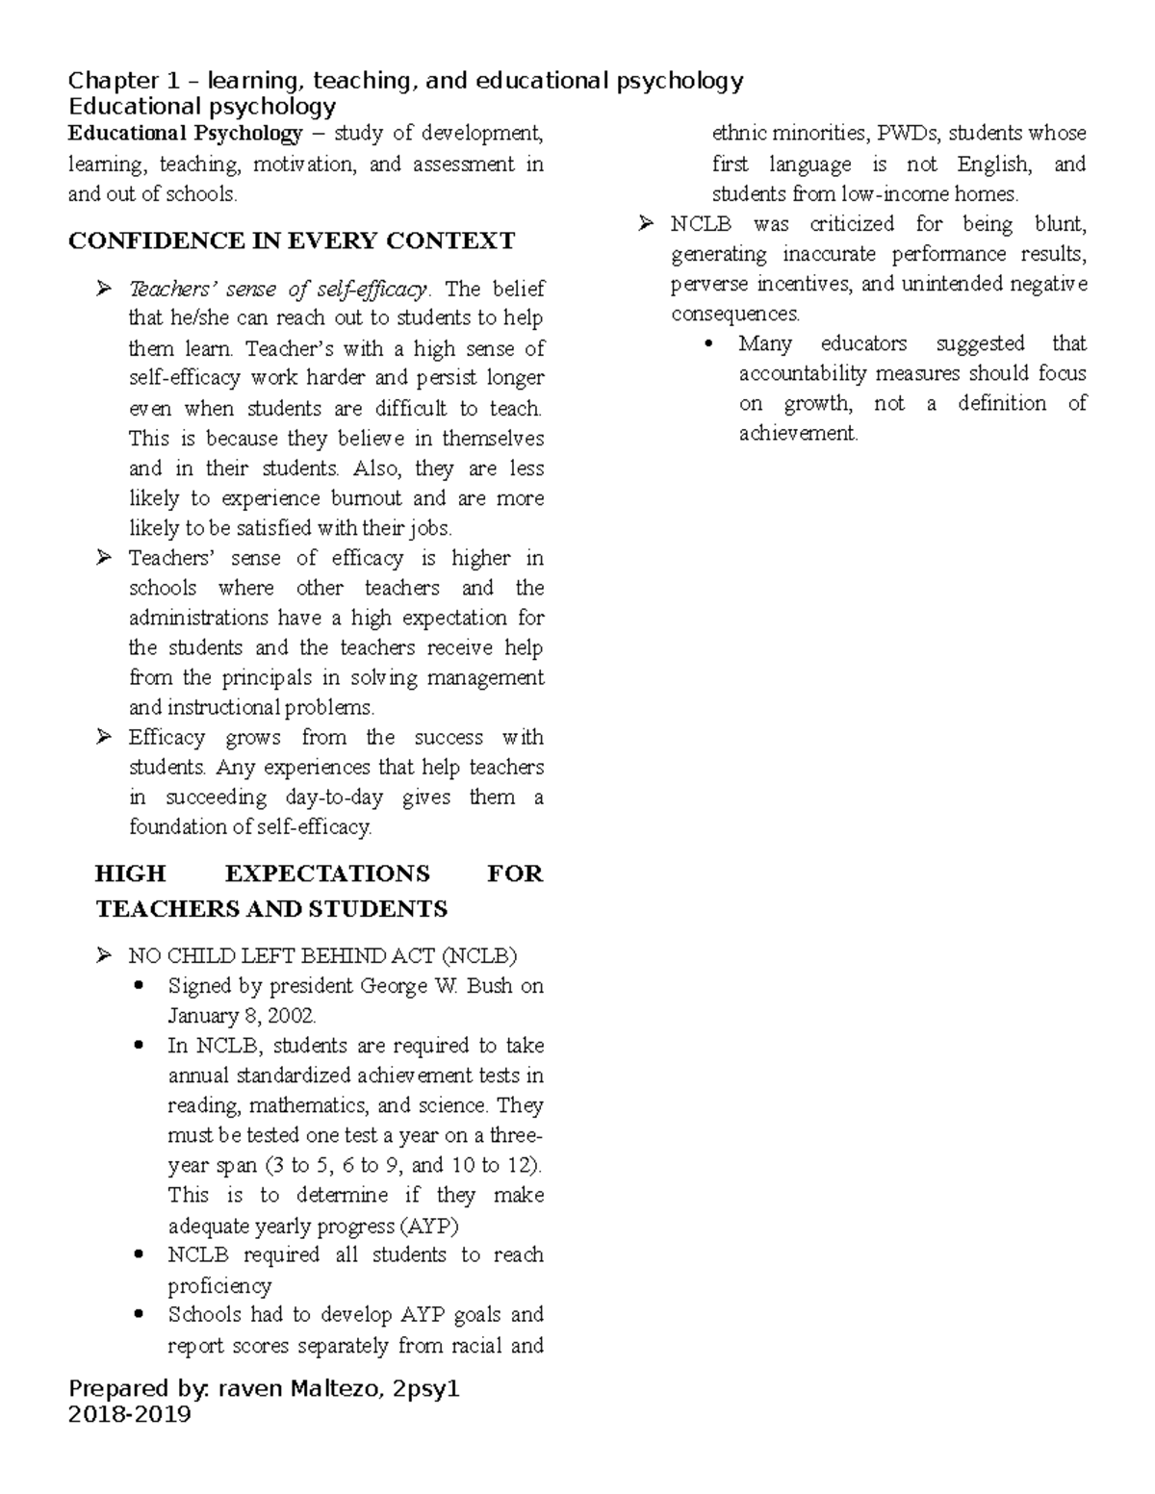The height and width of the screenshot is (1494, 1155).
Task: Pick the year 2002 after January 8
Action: tap(293, 1016)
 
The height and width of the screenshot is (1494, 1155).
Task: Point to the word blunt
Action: tap(1060, 224)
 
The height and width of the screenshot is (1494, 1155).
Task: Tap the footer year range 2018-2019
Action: tap(129, 1414)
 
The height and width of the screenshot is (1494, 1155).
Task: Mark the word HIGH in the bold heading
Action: tap(130, 874)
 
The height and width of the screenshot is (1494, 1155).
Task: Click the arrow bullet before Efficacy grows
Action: tap(104, 738)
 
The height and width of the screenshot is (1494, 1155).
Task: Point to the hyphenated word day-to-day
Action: tap(334, 798)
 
